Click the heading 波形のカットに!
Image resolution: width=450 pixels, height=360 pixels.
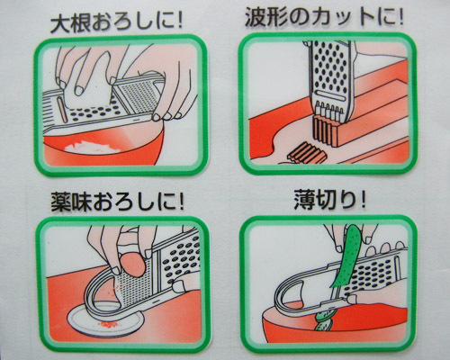(x=324, y=17)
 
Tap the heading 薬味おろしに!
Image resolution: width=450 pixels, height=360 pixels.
(x=117, y=202)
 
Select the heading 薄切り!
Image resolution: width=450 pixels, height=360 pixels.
(x=329, y=201)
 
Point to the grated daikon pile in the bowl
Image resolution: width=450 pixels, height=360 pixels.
(x=93, y=146)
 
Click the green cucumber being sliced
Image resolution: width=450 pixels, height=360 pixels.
(x=345, y=258)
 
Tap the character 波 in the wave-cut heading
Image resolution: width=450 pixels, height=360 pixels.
(x=255, y=17)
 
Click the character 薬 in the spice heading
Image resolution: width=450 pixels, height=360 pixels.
(x=61, y=202)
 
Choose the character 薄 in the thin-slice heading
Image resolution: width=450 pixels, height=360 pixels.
(x=304, y=201)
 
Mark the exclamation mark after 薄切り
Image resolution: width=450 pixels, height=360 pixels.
(x=363, y=201)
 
